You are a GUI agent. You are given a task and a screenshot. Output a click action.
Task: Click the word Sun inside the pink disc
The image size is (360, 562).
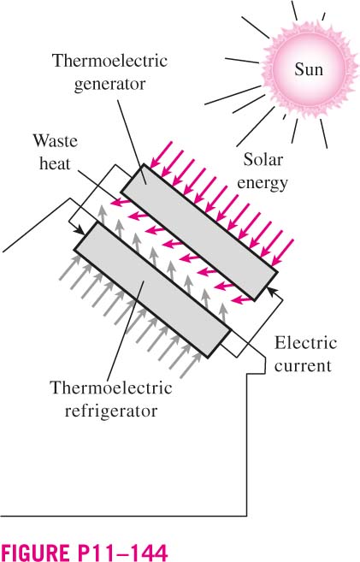(309, 68)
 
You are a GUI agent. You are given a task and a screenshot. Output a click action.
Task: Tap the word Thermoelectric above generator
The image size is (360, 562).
(110, 61)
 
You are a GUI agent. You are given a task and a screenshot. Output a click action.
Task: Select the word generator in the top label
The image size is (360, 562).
(110, 85)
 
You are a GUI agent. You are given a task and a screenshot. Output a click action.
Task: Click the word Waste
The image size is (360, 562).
(56, 140)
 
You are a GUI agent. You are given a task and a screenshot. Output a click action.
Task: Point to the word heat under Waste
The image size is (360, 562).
(55, 163)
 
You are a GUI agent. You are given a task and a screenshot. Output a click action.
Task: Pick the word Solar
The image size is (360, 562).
(263, 159)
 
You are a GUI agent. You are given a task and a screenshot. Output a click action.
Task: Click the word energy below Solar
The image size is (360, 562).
(263, 183)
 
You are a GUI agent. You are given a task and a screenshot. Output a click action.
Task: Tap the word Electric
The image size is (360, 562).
(305, 343)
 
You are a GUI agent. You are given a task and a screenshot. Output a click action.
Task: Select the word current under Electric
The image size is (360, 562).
(303, 366)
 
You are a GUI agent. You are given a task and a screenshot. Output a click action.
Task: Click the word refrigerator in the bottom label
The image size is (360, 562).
(111, 411)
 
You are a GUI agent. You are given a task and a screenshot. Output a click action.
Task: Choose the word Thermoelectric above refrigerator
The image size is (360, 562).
(111, 387)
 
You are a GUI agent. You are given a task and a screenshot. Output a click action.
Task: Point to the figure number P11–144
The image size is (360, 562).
(122, 552)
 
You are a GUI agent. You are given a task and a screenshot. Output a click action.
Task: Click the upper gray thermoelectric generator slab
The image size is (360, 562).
(198, 232)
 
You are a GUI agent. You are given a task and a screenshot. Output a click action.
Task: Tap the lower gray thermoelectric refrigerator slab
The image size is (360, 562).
(152, 290)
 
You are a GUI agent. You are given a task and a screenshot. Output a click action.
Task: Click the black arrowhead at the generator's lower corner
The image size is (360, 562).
(271, 290)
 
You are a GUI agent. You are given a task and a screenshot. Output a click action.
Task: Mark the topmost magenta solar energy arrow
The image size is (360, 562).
(162, 155)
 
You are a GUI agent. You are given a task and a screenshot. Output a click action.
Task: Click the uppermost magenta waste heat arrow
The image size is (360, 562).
(121, 204)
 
